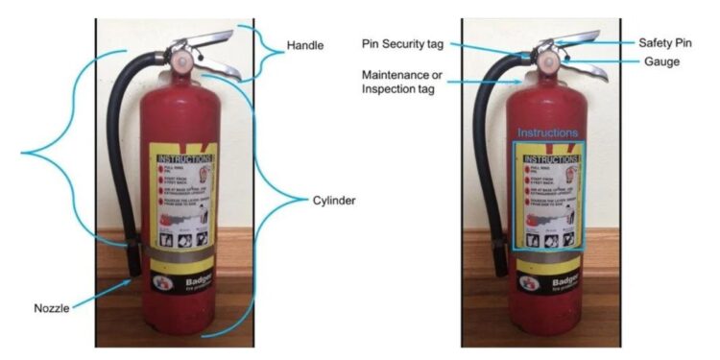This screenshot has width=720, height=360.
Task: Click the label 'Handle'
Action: click(308, 45)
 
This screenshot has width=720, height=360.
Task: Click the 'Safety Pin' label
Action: click(662, 43)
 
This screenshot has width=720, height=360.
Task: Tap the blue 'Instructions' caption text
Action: click(548, 132)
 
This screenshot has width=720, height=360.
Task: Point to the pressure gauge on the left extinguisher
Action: click(184, 64)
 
